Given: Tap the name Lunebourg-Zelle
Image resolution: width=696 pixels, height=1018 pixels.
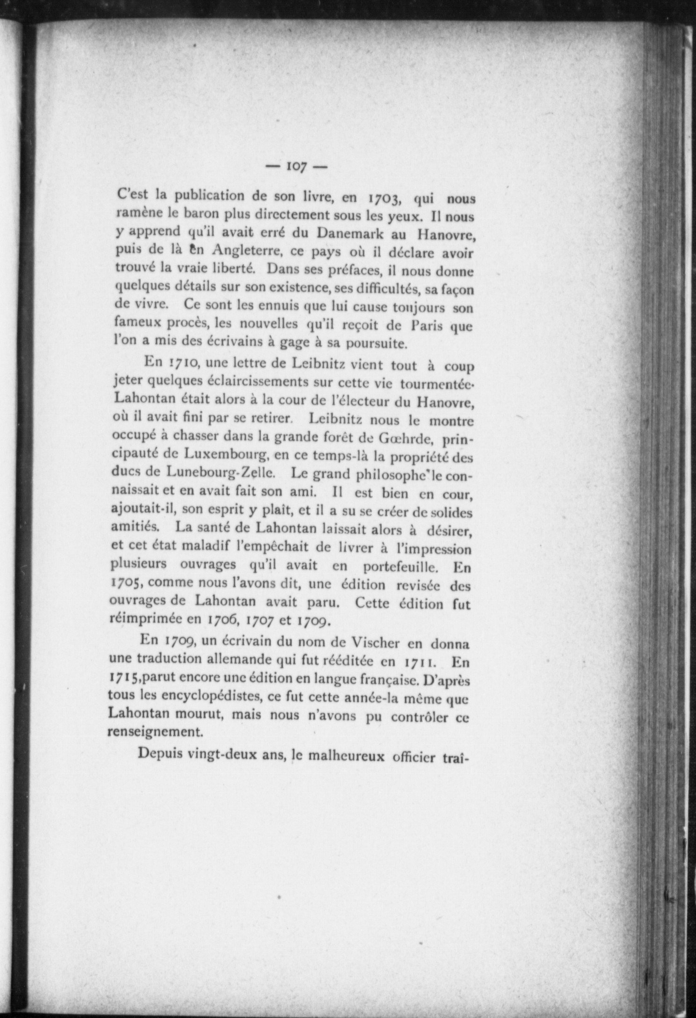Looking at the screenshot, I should [x=221, y=473].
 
